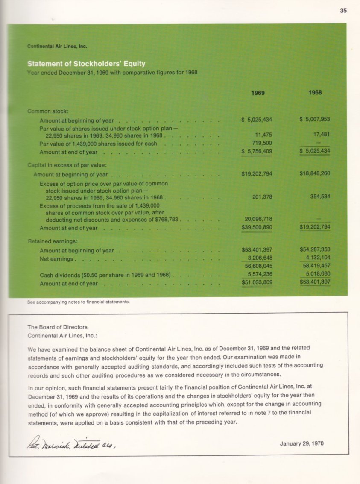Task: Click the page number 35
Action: (343, 11)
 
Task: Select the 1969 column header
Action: (258, 93)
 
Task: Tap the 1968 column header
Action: (315, 93)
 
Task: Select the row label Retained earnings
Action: (50, 241)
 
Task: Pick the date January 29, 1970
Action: (301, 443)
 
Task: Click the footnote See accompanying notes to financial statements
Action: (78, 302)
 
